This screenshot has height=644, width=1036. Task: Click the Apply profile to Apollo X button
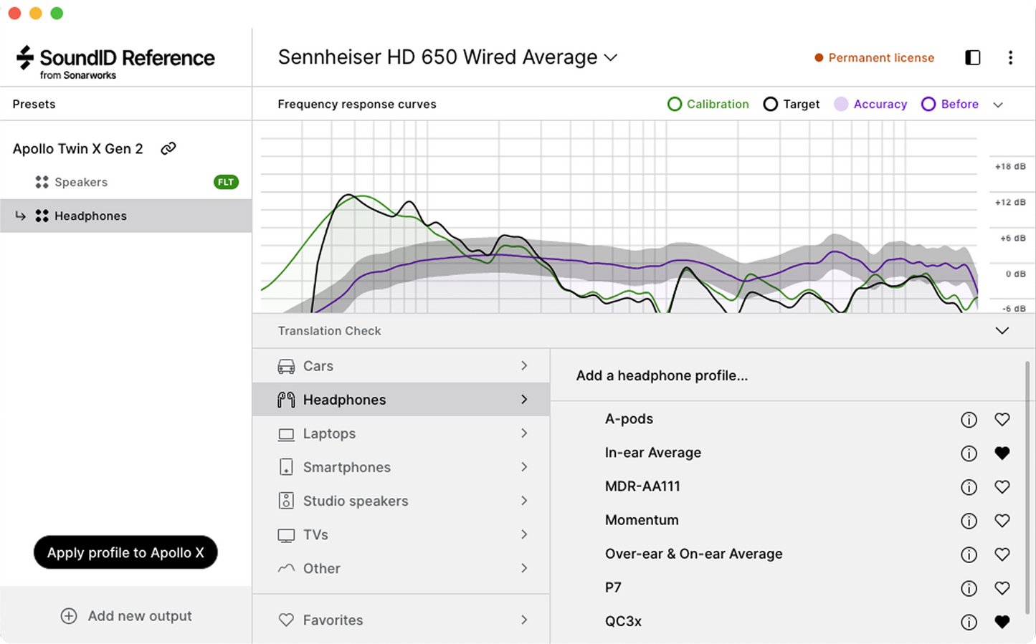[125, 552]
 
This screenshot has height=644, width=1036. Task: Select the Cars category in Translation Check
[318, 366]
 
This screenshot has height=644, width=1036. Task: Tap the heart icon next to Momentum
[1002, 521]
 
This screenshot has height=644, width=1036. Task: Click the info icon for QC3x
[969, 622]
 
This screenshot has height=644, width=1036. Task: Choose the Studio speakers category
[355, 501]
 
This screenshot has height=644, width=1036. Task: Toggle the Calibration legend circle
[675, 105]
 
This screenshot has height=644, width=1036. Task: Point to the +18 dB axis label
[1009, 167]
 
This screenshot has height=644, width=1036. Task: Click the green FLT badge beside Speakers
[226, 182]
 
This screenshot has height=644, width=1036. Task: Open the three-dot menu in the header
[1010, 58]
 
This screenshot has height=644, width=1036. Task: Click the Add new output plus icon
[69, 616]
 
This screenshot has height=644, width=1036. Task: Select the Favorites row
[333, 620]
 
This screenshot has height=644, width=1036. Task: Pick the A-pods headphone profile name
[629, 419]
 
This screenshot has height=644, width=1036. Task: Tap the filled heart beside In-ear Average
[1002, 453]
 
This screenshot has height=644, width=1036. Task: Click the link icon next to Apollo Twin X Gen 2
[168, 148]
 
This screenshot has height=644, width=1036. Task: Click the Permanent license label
[880, 58]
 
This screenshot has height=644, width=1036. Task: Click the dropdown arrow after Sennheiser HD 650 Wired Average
[611, 58]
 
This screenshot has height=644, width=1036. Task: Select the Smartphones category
[346, 467]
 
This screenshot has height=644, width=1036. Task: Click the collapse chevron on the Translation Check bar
[1002, 331]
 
